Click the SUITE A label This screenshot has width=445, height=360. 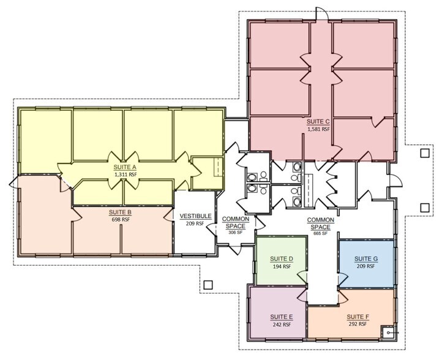pos(125,166)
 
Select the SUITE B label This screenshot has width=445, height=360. pos(121,212)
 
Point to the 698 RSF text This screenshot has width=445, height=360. pos(121,219)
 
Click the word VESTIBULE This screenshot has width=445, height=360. pos(195,216)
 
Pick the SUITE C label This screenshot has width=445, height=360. pos(318,122)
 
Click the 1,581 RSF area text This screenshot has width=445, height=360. pos(318,129)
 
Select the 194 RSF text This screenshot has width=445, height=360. pos(281,268)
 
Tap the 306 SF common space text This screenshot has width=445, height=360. pos(234,233)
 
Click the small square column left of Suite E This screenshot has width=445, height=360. pos(208,285)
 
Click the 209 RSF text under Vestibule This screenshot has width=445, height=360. pos(195,223)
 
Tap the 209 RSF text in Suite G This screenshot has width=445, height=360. pos(366,267)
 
